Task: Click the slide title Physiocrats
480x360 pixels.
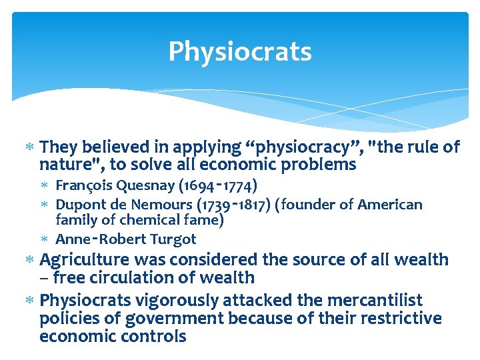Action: tap(240, 51)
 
